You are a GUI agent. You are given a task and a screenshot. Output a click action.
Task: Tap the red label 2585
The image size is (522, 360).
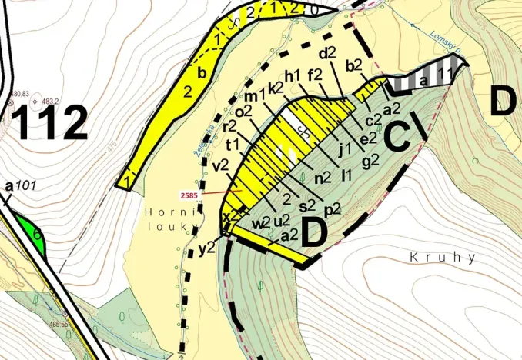pyautogui.click(x=190, y=195)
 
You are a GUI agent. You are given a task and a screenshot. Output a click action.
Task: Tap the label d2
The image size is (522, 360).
pyautogui.click(x=328, y=53)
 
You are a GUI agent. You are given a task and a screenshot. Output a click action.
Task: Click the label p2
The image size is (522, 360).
pyautogui.click(x=333, y=209)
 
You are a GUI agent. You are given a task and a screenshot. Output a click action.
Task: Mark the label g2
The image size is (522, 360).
pyautogui.click(x=370, y=160)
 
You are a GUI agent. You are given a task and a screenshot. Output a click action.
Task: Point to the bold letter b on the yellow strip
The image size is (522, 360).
pyautogui.click(x=202, y=74)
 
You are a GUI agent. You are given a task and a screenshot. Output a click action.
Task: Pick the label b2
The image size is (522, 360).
pyautogui.click(x=355, y=66)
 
